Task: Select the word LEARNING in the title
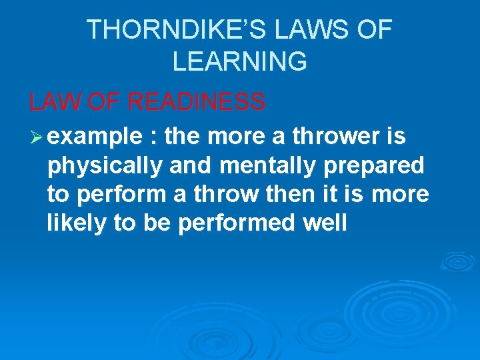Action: tap(239, 61)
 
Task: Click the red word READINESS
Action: tap(197, 102)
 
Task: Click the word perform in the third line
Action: tap(113, 194)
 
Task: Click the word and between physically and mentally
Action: tap(189, 165)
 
